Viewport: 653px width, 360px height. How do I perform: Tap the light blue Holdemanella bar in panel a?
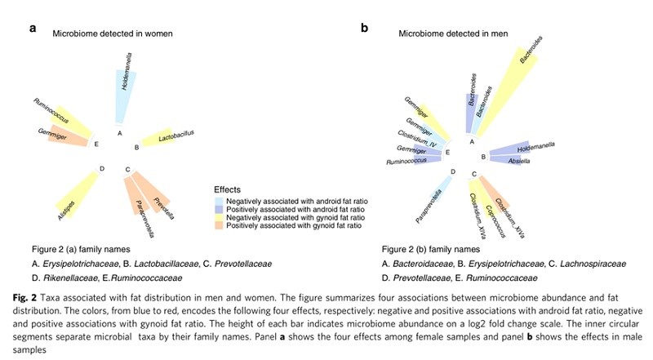124,94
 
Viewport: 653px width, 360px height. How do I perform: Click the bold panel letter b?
365,29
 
